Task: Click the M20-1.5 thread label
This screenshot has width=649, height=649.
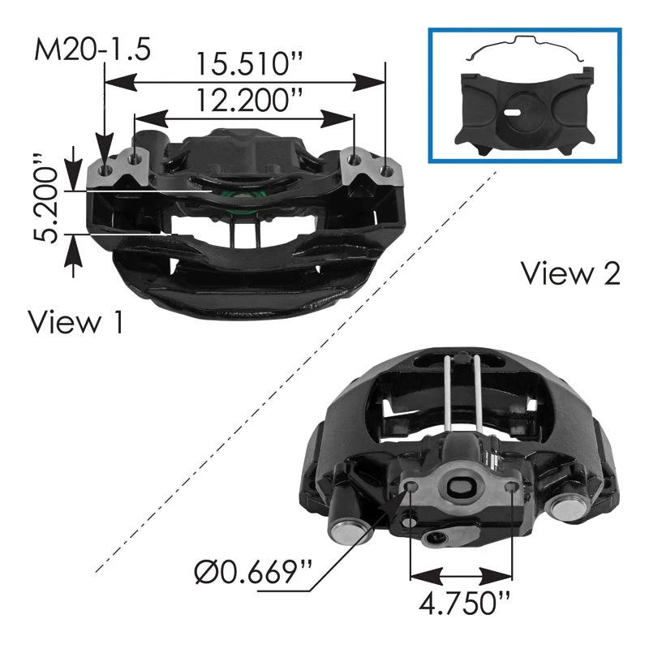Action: (x=92, y=49)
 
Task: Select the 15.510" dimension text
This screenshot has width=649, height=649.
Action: (x=250, y=64)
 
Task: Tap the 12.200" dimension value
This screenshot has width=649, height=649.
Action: (x=249, y=100)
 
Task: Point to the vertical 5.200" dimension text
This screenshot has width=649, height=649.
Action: (x=46, y=198)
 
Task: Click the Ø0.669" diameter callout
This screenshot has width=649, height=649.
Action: (x=253, y=572)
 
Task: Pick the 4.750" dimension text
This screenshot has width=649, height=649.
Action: (x=464, y=604)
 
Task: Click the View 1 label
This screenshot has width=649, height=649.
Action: (x=75, y=321)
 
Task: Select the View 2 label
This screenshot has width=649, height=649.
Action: (x=571, y=273)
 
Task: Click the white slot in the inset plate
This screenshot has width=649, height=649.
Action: (x=513, y=112)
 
